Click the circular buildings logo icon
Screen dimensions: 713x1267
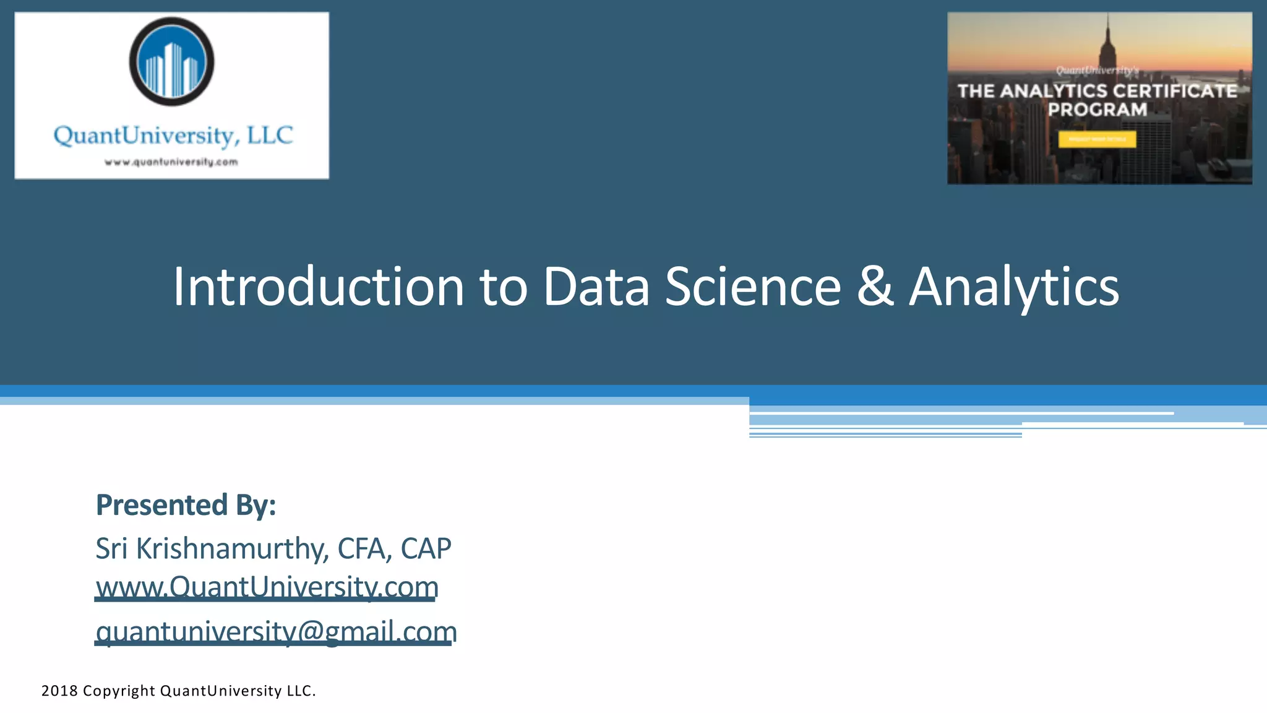(171, 62)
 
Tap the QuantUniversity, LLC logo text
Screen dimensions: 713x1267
(173, 136)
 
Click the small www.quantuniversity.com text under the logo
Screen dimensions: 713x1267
(171, 162)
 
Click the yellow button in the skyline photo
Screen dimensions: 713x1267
(1097, 139)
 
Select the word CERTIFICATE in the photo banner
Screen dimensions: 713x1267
(1175, 91)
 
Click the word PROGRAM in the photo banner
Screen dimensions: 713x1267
(1097, 110)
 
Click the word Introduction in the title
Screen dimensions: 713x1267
(318, 287)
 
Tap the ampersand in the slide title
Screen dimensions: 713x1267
(875, 287)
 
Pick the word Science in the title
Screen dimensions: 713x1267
(753, 287)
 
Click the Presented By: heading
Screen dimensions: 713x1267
(186, 505)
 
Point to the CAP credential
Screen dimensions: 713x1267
(426, 549)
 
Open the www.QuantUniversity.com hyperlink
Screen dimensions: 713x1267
(267, 587)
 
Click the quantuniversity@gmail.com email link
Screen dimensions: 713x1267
(276, 632)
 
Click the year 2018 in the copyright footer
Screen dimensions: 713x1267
(59, 691)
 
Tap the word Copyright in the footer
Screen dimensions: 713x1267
(119, 691)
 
